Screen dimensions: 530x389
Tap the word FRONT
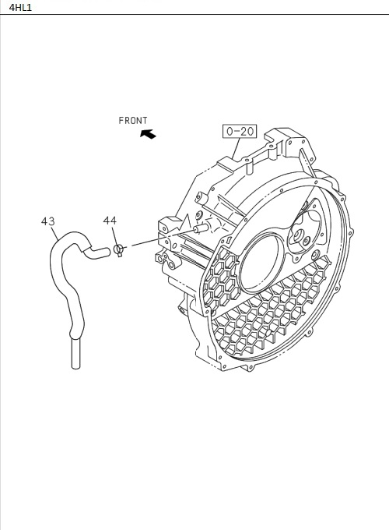(x=133, y=120)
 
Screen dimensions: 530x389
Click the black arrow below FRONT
(x=147, y=134)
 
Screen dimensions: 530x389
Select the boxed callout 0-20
(x=240, y=132)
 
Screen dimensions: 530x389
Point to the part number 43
(x=47, y=222)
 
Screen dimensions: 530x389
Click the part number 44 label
(x=110, y=221)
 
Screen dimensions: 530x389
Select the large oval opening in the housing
(x=264, y=264)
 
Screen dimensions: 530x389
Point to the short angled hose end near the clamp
(x=100, y=251)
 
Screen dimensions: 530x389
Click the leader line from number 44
(x=114, y=236)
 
